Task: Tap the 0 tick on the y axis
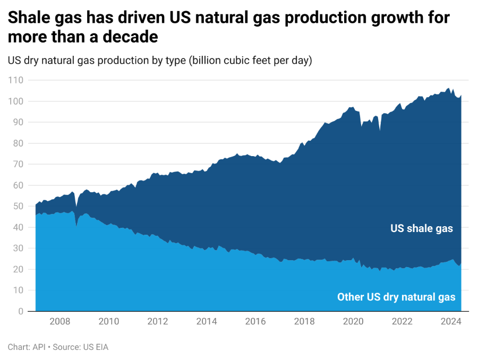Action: [x=19, y=311]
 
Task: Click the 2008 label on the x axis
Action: [x=59, y=321]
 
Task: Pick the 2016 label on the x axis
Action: [x=255, y=321]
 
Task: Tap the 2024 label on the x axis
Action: [x=451, y=321]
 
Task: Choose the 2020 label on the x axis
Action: [x=353, y=321]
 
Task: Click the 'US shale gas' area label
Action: [x=422, y=229]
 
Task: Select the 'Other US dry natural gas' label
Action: [x=396, y=297]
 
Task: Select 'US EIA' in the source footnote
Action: [x=97, y=347]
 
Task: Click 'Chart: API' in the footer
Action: [x=25, y=347]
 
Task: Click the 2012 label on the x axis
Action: [x=157, y=321]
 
